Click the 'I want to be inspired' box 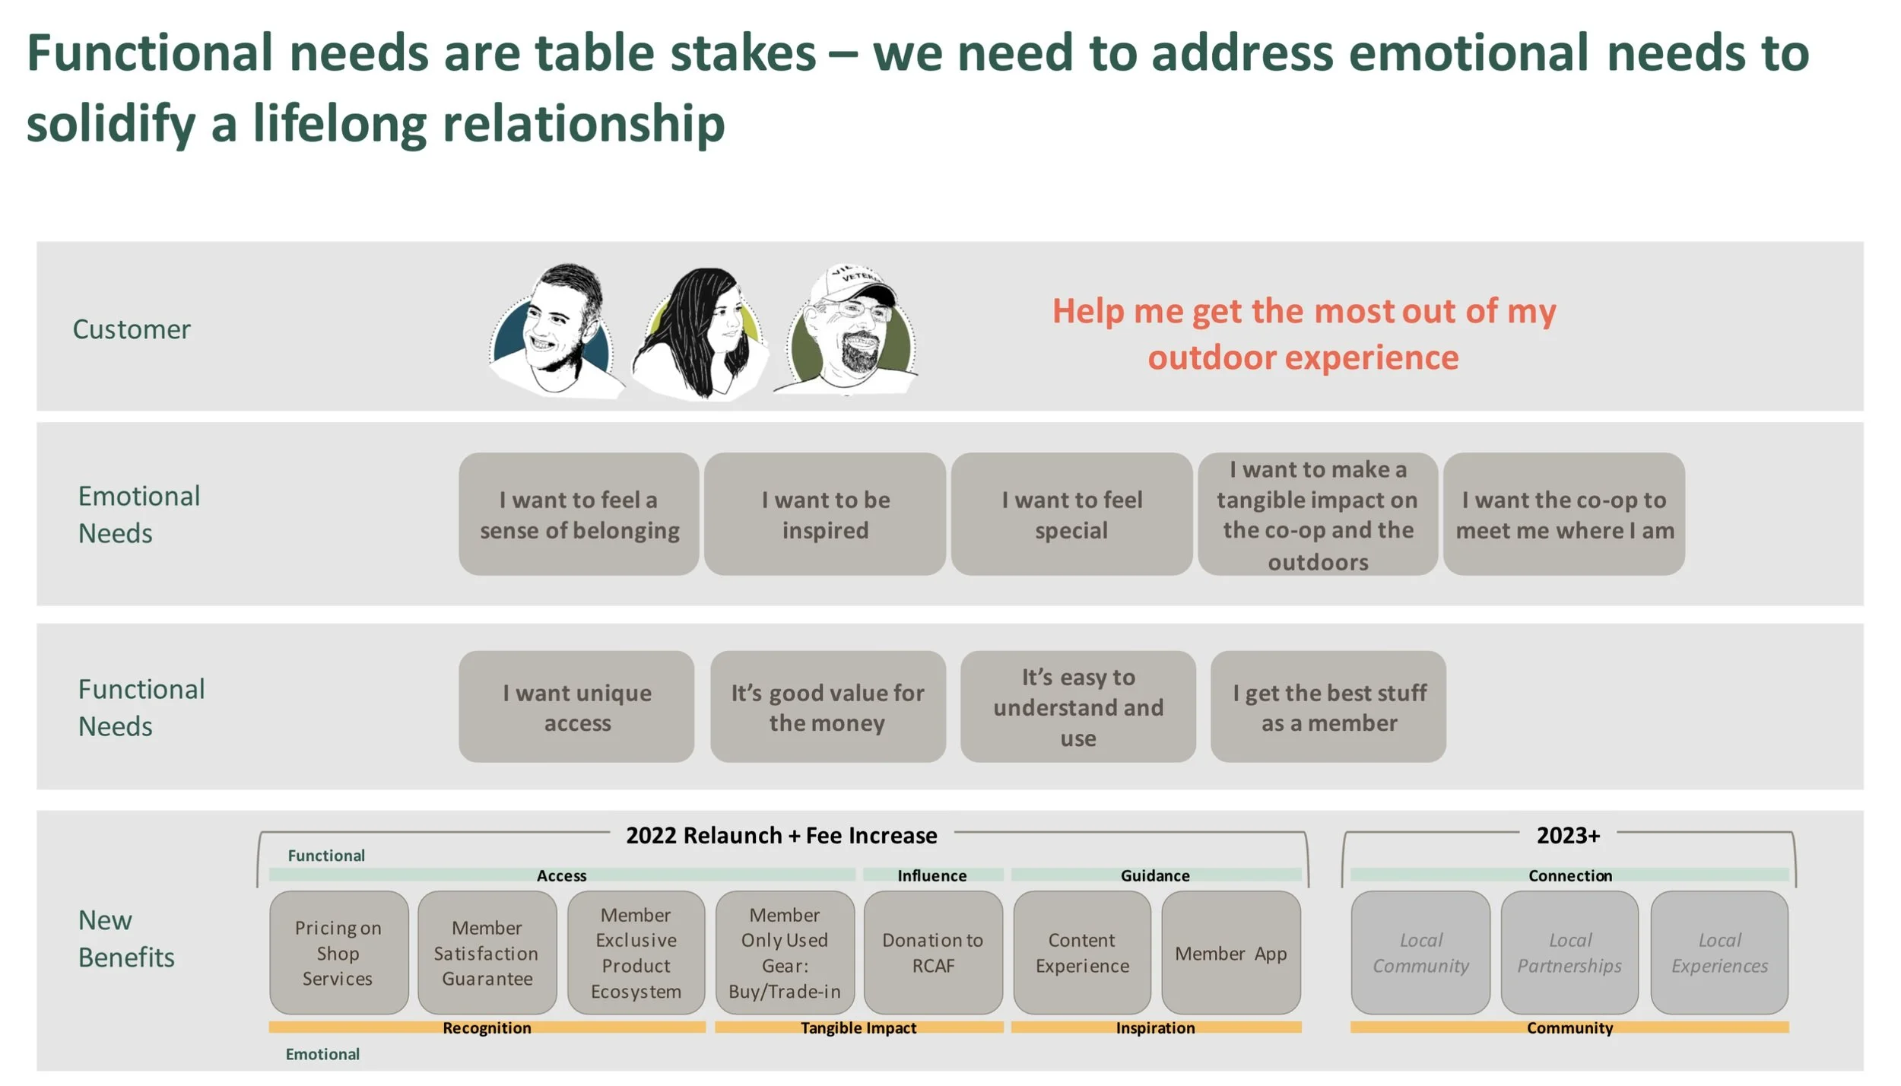pos(825,515)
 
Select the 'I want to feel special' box pos(1071,515)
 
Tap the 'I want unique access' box pos(576,707)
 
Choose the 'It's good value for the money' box pos(827,707)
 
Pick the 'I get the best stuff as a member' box pos(1328,707)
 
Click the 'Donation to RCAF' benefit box pos(933,953)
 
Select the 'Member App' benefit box pos(1231,953)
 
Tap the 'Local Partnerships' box pos(1569,953)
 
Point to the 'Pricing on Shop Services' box pos(338,953)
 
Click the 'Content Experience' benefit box pos(1082,953)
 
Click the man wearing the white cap pos(851,329)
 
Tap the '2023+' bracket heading pos(1568,836)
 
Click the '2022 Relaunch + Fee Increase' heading pos(781,836)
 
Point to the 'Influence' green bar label pos(932,876)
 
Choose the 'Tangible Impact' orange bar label pos(858,1028)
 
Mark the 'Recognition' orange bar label pos(487,1028)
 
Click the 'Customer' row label pos(132,329)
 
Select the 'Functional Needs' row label pos(141,707)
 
